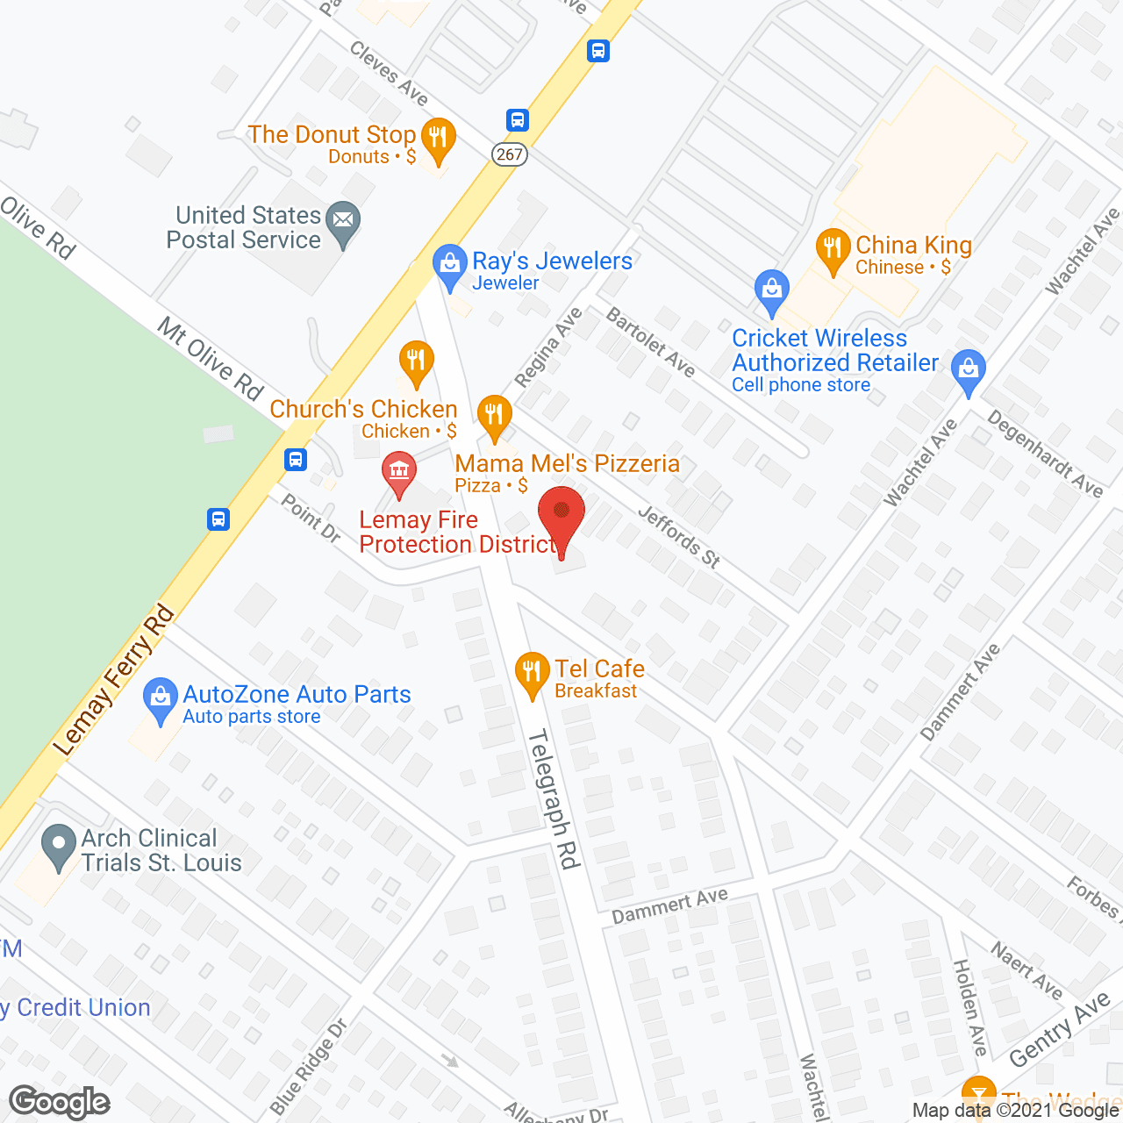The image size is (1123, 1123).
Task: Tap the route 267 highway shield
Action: pos(509,154)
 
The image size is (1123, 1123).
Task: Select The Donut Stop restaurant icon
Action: pos(437,139)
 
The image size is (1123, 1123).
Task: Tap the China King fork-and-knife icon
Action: pos(833,249)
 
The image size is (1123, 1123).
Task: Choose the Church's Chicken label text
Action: pos(363,410)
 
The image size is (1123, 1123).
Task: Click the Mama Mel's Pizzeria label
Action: pos(567,464)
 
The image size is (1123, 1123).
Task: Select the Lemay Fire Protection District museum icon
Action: pos(399,471)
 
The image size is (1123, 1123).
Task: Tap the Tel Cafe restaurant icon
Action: pos(532,673)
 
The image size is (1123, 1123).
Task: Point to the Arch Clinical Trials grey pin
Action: pos(59,847)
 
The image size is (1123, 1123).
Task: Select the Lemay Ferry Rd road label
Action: pos(114,681)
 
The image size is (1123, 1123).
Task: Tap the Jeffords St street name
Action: pos(678,536)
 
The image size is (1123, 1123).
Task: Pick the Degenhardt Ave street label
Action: pos(1045,454)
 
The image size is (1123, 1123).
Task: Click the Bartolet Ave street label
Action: pos(651,342)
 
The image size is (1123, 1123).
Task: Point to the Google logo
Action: pos(60,1102)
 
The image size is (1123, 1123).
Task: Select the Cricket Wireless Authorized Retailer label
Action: pos(835,350)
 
